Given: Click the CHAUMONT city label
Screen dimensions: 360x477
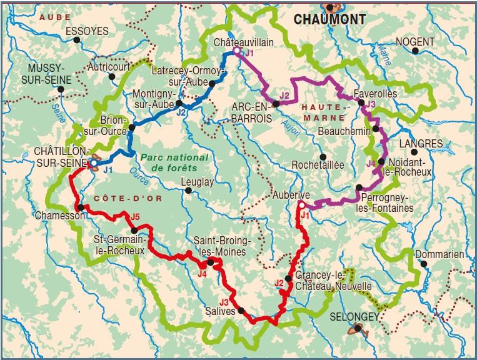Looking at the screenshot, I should click(x=329, y=19).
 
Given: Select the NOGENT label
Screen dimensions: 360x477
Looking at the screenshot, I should click(x=414, y=41).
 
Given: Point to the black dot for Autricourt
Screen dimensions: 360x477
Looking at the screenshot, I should click(x=112, y=77).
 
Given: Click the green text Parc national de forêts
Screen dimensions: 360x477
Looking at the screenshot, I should click(x=168, y=163).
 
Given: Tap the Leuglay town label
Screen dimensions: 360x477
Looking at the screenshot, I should click(x=197, y=182).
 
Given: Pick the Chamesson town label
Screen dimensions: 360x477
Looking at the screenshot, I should click(x=58, y=215).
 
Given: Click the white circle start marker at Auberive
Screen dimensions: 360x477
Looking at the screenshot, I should click(x=301, y=204).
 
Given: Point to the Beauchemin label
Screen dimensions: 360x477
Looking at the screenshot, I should click(x=344, y=131).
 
